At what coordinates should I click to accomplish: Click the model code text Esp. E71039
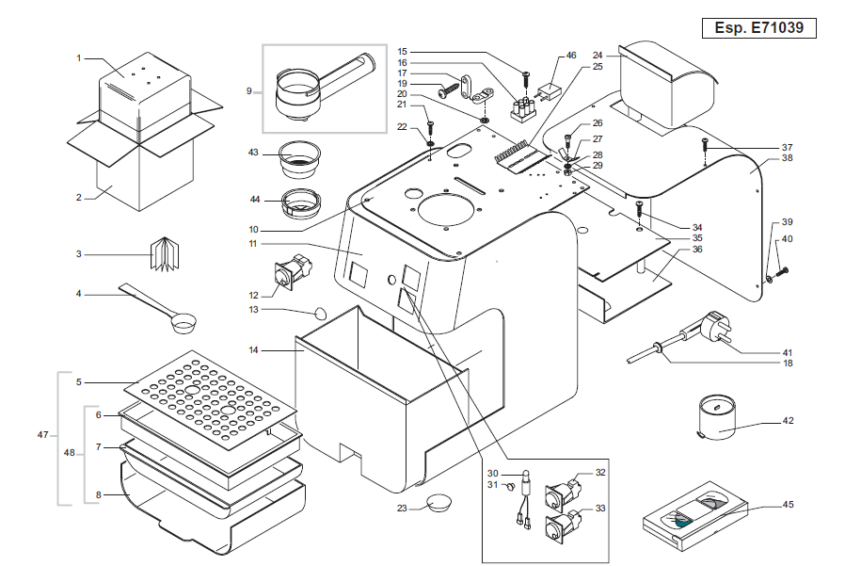pos(759,28)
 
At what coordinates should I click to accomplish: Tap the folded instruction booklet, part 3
pos(167,254)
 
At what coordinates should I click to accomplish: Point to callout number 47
pos(42,435)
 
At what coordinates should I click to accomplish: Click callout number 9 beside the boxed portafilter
pos(249,91)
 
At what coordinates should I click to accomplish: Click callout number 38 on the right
pos(788,160)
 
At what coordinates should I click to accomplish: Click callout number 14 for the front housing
pos(253,350)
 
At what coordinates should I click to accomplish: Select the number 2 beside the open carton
pos(80,197)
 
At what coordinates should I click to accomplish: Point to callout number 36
pos(697,250)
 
